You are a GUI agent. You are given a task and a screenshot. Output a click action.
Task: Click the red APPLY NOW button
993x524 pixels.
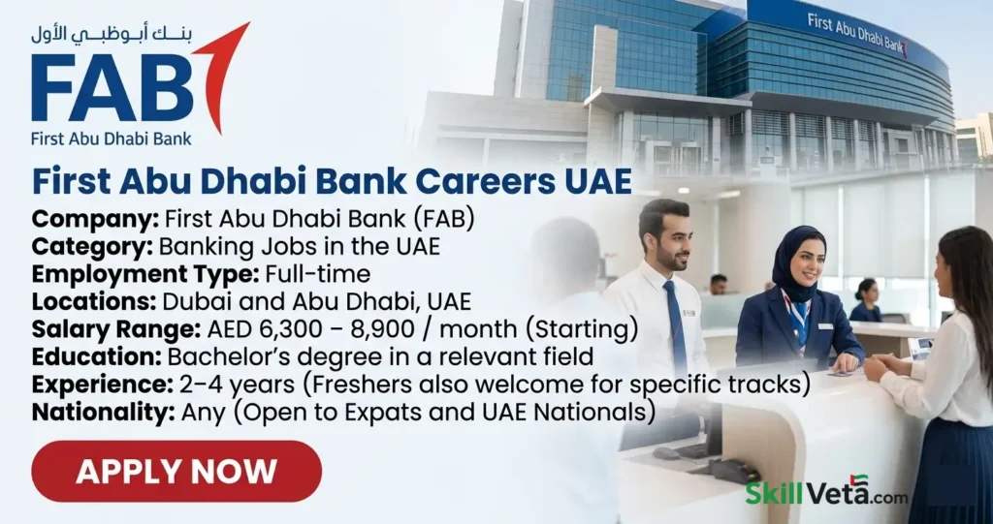pyautogui.click(x=176, y=472)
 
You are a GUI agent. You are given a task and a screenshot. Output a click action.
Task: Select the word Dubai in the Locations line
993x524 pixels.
pyautogui.click(x=188, y=302)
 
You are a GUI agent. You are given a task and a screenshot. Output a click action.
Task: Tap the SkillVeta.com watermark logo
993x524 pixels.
pyautogui.click(x=826, y=492)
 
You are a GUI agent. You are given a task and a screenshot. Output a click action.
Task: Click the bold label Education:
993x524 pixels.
pyautogui.click(x=88, y=357)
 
